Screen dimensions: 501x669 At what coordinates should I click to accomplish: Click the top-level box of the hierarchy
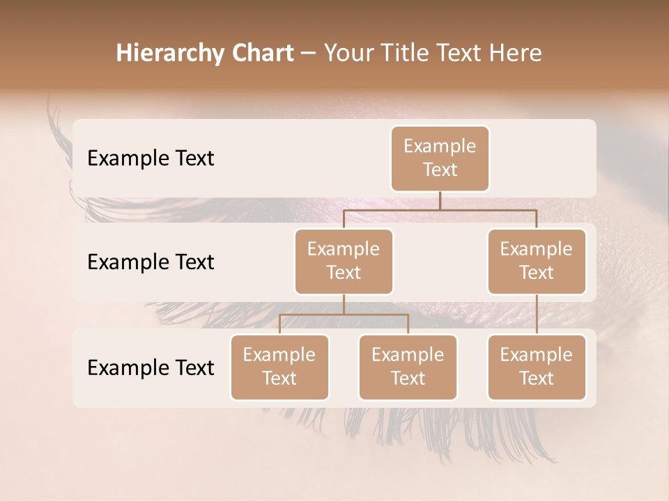tap(440, 159)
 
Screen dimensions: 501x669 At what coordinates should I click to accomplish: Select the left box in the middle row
tap(344, 262)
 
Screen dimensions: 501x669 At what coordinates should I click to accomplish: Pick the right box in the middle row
tap(537, 262)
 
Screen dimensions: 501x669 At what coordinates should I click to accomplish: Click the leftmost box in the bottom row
tap(279, 367)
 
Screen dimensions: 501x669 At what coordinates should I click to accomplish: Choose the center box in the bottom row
tap(408, 367)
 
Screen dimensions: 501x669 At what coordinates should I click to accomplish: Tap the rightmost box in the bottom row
tap(537, 367)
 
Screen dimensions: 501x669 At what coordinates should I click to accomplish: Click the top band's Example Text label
tap(151, 159)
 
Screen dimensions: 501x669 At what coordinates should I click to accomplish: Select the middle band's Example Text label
tap(151, 262)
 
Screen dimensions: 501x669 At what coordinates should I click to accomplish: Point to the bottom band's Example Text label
tap(151, 367)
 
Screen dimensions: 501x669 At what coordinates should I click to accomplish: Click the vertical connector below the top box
tap(440, 200)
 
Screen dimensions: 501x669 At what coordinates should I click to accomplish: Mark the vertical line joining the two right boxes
tap(537, 315)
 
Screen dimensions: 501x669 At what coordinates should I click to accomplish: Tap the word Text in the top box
tap(440, 170)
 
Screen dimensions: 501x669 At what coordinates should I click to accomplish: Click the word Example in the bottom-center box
tap(408, 356)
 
